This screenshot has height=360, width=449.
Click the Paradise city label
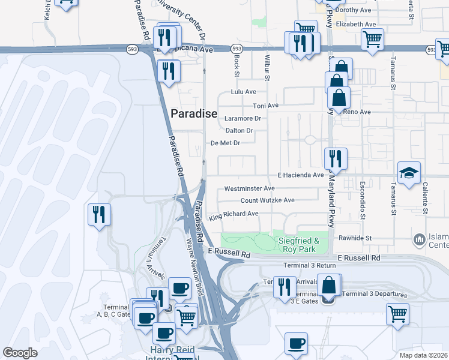[194, 113]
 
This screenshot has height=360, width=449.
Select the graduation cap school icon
[409, 173]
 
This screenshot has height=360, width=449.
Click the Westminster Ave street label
[249, 188]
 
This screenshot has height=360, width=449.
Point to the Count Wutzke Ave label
[268, 200]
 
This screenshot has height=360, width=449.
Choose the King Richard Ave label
[234, 214]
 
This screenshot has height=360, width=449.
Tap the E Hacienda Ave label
[300, 175]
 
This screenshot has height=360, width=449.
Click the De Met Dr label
[225, 143]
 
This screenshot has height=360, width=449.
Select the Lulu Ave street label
[244, 92]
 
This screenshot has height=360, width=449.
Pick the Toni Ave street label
[266, 106]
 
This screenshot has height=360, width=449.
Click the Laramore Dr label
[243, 118]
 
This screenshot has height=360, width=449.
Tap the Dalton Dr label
[240, 130]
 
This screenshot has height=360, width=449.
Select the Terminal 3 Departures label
[375, 295]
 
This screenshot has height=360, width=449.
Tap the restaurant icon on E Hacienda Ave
[335, 158]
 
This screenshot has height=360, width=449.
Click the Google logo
[20, 353]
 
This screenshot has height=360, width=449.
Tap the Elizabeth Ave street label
[356, 25]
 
